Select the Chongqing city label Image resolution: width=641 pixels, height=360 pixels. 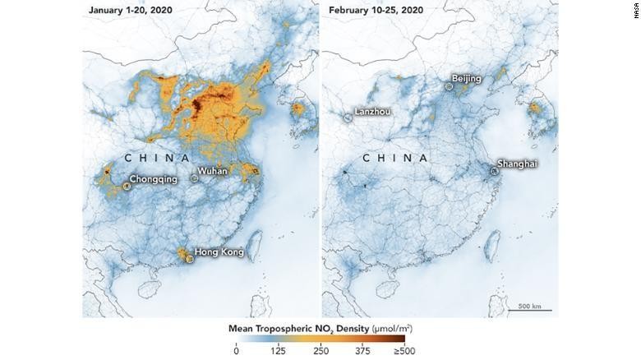(154, 180)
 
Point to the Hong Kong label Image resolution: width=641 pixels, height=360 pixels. (219, 252)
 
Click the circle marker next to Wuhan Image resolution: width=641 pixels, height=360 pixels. (195, 177)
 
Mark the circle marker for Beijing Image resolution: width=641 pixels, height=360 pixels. (450, 85)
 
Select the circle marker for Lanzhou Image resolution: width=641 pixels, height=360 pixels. (348, 118)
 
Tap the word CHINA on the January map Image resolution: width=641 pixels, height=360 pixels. (158, 156)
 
